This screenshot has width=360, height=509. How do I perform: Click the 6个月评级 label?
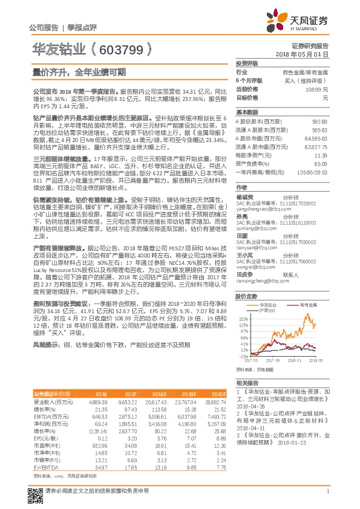click(x=249, y=80)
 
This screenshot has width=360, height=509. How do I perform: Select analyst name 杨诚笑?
click(x=245, y=197)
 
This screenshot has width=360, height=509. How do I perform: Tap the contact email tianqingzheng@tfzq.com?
click(x=261, y=280)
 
